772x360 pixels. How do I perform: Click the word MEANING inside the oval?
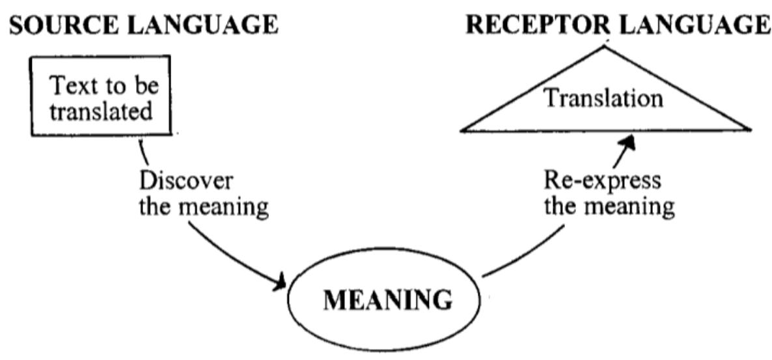(387, 301)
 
